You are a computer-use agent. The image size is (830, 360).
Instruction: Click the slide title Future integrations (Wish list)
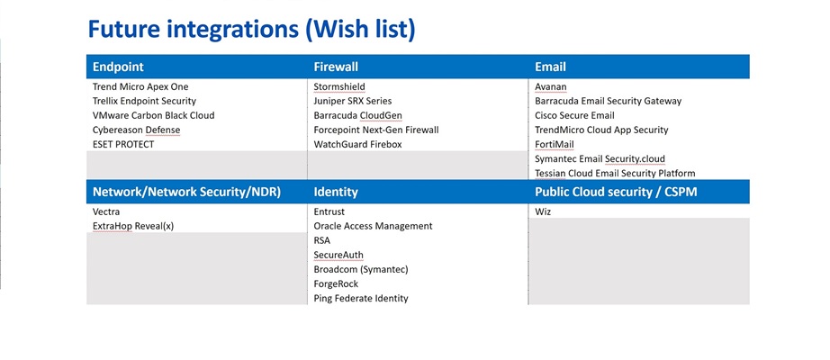coord(251,29)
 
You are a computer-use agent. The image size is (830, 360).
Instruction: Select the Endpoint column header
coord(118,67)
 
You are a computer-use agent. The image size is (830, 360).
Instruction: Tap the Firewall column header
coord(336,67)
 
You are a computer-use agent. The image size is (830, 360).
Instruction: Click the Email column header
coord(550,67)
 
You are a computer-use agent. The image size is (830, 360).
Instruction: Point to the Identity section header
coord(336,192)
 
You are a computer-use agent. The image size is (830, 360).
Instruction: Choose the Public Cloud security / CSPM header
coord(616,192)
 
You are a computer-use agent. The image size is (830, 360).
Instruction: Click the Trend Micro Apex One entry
coord(140,86)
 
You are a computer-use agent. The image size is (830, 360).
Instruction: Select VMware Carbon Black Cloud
coord(153,115)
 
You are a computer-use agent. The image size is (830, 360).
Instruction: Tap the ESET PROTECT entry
coord(123,144)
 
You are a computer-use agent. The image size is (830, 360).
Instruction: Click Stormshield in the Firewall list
coord(339,86)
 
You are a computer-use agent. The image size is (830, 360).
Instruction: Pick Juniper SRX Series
coord(352,101)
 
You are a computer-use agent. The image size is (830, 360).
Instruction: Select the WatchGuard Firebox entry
coord(356,144)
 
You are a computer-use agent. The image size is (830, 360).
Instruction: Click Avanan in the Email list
coord(551,86)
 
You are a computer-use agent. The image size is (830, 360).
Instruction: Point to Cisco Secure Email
coord(574,115)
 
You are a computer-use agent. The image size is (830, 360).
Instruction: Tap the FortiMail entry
coord(554,144)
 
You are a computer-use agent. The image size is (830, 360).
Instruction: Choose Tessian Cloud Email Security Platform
coord(615,173)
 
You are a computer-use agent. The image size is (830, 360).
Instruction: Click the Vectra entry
coord(106,211)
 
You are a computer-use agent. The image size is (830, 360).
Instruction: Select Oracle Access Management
coord(373,226)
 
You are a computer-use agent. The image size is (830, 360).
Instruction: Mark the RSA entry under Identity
coord(322,240)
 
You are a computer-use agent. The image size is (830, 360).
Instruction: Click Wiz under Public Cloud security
coord(543,211)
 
